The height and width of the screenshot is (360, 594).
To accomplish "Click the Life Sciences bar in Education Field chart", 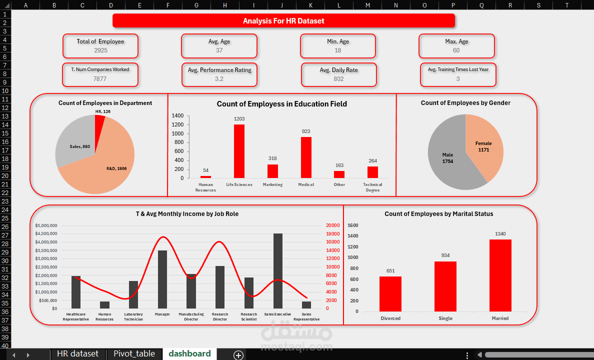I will point(239,151).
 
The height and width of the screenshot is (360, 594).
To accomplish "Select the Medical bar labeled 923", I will point(306,157).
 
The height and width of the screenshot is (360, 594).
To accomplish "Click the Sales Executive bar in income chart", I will point(277,271).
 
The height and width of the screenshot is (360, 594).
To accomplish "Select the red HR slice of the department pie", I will point(99,122).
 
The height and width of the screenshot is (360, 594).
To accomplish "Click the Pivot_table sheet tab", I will point(134,354).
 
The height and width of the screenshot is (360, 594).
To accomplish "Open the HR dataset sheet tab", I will point(77,354).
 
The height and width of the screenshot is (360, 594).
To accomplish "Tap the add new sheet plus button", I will point(238,355).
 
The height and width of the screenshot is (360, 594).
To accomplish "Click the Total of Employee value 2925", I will point(100,50).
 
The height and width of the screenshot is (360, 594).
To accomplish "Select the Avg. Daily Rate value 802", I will point(338,79).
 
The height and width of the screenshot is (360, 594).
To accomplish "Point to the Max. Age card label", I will point(456,41).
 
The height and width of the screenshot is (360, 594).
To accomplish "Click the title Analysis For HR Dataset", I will point(283,21).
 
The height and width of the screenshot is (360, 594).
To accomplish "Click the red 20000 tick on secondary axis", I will point(333,225).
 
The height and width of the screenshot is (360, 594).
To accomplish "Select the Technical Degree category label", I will point(372,187).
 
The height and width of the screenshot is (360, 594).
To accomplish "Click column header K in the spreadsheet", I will point(310,5).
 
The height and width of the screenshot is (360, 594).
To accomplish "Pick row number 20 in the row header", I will point(5,175).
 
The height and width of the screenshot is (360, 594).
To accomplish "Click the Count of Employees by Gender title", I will point(465,103).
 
